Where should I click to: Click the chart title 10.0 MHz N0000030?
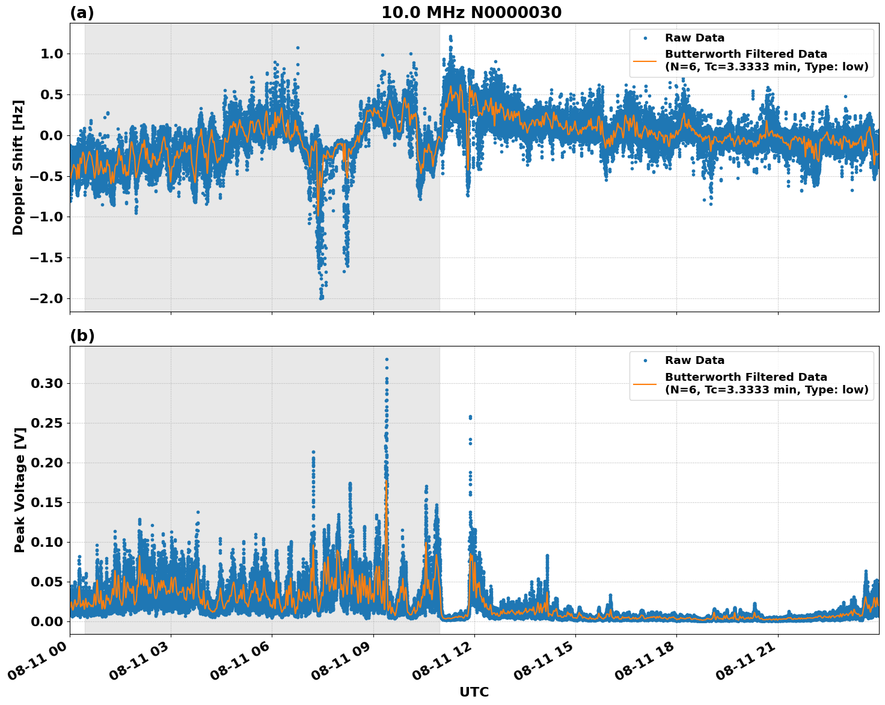pos(471,13)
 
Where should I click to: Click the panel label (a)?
pos(82,13)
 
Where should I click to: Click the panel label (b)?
pos(82,336)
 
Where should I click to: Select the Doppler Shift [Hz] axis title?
pos(19,167)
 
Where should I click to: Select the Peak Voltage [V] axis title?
pos(20,490)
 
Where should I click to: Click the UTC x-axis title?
pos(474,692)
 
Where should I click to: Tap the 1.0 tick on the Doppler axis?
pos(51,54)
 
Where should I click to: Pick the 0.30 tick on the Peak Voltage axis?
pos(47,383)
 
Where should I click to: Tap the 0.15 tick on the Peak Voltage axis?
pos(47,502)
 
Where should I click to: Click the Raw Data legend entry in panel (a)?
pos(694,38)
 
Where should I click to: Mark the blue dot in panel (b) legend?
pos(645,361)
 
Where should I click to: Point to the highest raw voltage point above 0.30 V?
pos(387,360)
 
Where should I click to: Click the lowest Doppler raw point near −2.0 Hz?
pos(322,298)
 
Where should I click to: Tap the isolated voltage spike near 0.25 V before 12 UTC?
pos(470,417)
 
